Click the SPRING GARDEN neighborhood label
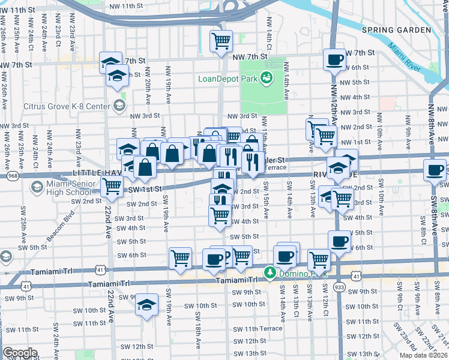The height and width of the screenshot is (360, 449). [x=396, y=29]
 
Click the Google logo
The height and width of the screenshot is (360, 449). [x=20, y=353]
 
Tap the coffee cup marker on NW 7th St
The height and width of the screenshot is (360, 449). [x=334, y=59]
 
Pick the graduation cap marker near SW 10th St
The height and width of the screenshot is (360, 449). [x=146, y=305]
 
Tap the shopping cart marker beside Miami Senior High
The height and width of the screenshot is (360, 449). [x=112, y=187]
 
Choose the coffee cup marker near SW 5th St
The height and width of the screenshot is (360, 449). [x=340, y=241]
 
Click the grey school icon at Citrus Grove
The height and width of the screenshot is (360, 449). [x=119, y=106]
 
